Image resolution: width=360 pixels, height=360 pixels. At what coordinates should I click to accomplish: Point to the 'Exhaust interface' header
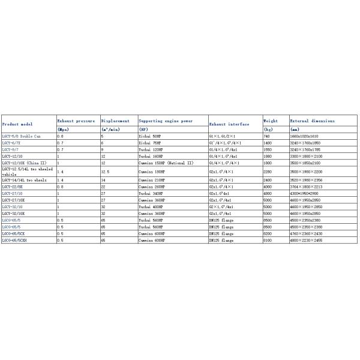click(229, 124)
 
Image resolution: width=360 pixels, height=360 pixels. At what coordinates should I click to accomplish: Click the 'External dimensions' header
click(313, 121)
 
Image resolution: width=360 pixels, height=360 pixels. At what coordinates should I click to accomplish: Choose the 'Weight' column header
click(271, 121)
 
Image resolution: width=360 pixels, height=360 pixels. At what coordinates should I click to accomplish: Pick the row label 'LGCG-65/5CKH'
click(17, 240)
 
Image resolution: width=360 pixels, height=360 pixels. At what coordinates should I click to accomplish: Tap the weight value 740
click(267, 137)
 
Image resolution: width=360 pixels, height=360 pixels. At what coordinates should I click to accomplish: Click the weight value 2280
click(268, 171)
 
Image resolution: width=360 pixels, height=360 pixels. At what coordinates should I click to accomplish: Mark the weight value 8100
click(268, 240)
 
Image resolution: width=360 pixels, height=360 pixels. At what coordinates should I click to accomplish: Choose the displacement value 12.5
click(106, 171)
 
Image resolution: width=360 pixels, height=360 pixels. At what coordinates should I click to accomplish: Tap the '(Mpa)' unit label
click(63, 129)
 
